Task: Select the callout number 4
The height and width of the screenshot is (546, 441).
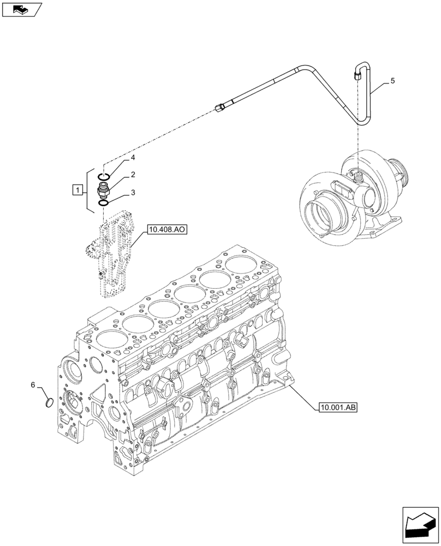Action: (132, 158)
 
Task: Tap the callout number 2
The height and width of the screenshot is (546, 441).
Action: (132, 175)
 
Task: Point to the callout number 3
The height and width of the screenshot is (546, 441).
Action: (132, 193)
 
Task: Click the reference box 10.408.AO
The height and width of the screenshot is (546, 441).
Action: (166, 230)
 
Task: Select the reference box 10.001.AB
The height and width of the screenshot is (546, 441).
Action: (336, 407)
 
